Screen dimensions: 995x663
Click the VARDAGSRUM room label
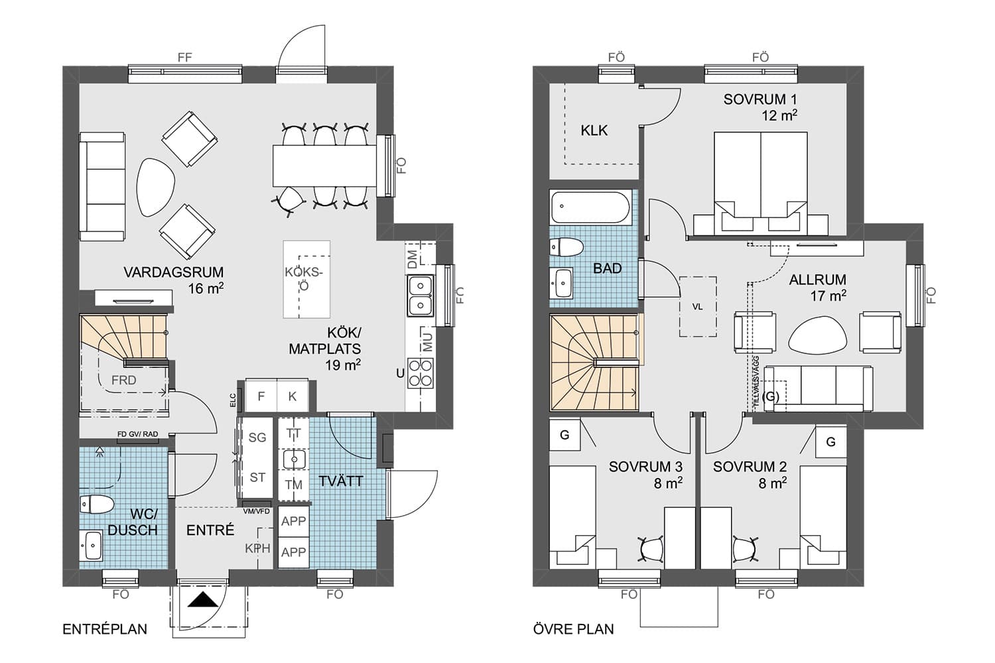[173, 272]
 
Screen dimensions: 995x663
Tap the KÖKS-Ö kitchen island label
[304, 278]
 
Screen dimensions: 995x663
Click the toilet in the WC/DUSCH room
[97, 505]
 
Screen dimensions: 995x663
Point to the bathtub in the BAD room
[590, 207]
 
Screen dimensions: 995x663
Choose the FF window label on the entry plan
[185, 57]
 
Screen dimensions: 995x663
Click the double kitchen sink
[420, 295]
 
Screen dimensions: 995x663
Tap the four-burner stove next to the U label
[420, 373]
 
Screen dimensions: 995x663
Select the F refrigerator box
[261, 396]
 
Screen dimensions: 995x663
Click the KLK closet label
[594, 131]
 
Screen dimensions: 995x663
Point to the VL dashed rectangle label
[697, 306]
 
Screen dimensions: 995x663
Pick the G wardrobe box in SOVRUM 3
[564, 435]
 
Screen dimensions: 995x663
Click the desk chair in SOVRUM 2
[745, 550]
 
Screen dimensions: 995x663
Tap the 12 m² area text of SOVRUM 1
[779, 115]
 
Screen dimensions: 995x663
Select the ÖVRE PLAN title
[574, 629]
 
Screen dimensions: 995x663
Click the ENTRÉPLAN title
[105, 629]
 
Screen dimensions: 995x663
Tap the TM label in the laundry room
[294, 485]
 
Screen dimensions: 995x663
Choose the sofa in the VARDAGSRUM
[103, 186]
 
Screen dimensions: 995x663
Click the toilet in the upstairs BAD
[566, 247]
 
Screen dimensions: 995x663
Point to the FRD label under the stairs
[123, 380]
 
